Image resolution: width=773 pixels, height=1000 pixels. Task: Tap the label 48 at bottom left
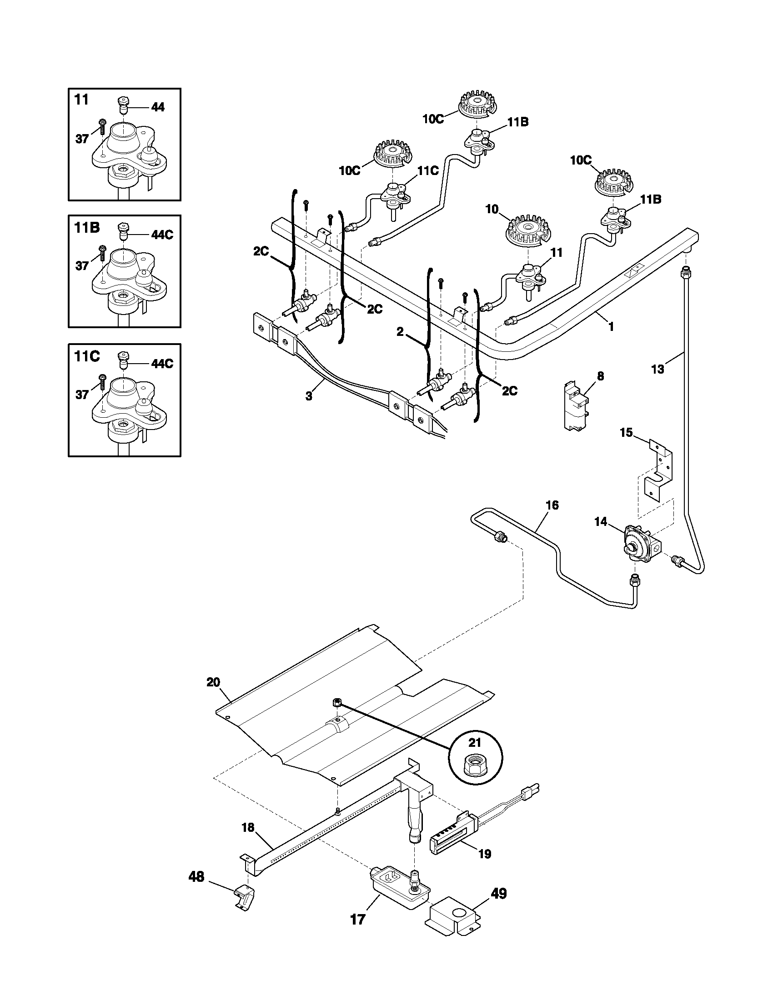196,877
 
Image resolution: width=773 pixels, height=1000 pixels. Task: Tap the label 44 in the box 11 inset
157,107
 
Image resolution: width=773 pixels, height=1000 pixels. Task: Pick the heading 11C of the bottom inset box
87,357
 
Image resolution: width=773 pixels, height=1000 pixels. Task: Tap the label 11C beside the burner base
428,171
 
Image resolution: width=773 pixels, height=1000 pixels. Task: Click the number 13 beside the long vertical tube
657,369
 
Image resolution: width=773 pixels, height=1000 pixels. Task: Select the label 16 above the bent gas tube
552,505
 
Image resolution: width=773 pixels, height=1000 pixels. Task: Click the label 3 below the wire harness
309,396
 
